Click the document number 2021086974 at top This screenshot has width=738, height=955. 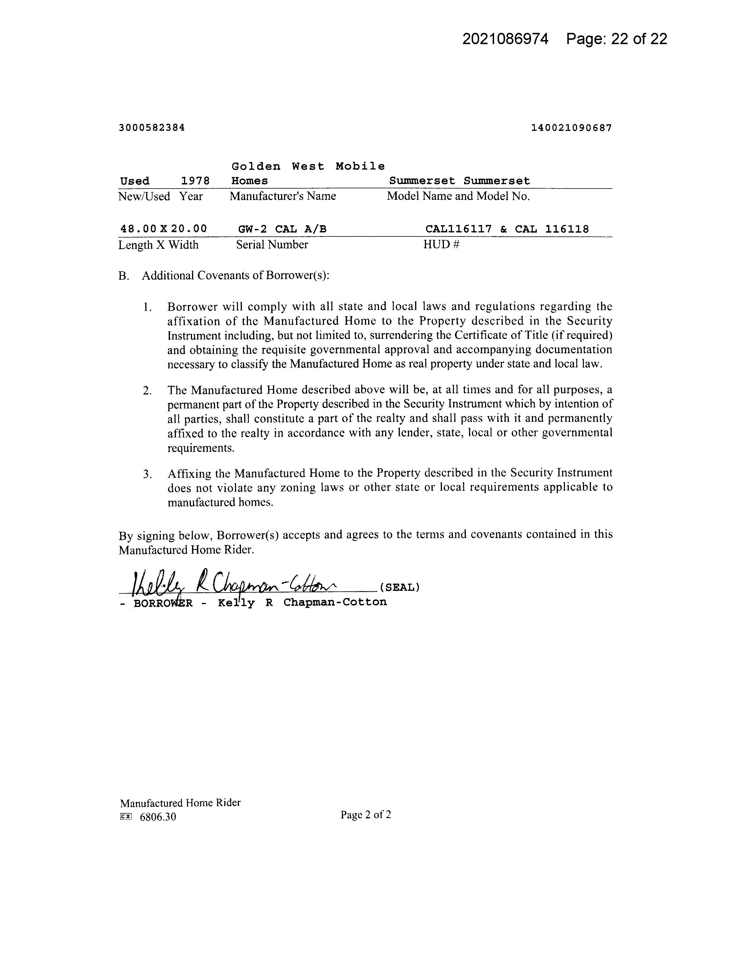505,39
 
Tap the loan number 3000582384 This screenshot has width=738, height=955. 152,128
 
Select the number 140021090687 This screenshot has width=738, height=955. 571,128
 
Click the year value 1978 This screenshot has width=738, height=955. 195,181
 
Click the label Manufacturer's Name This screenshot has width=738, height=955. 283,196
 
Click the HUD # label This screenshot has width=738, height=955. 441,245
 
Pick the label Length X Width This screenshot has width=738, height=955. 158,245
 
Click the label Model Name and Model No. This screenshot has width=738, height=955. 458,196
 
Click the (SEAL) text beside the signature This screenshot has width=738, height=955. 400,587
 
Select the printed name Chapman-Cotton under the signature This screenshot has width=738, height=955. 335,602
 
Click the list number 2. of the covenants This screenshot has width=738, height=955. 147,390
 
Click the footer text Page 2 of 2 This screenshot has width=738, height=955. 366,815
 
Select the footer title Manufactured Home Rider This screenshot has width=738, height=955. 180,803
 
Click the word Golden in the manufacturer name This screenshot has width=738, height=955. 256,167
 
